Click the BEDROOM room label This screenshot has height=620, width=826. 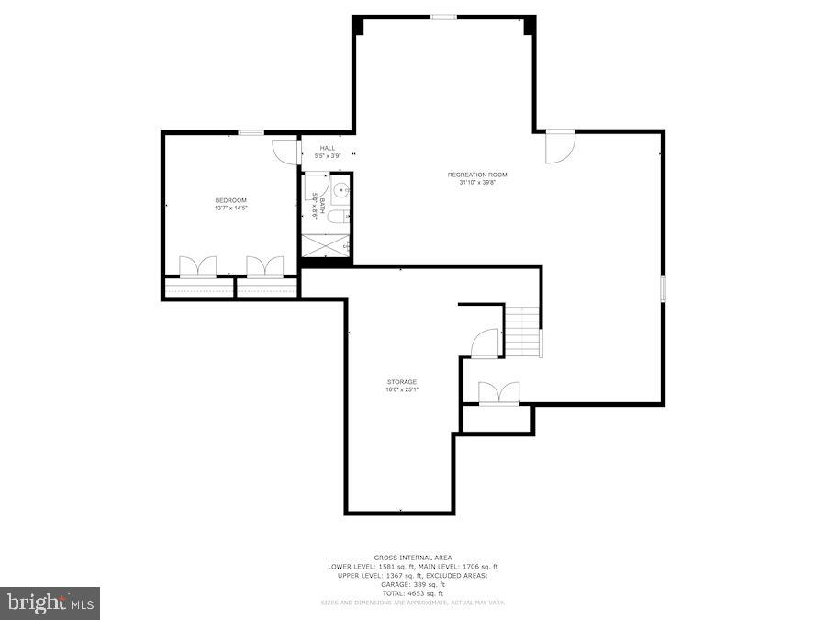pyautogui.click(x=231, y=200)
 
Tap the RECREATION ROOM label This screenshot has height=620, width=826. pyautogui.click(x=477, y=175)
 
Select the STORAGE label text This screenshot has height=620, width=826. pyautogui.click(x=401, y=382)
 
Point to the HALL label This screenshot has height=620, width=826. pyautogui.click(x=328, y=148)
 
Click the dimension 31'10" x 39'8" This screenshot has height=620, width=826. pyautogui.click(x=477, y=183)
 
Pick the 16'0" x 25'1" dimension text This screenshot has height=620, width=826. pyautogui.click(x=401, y=390)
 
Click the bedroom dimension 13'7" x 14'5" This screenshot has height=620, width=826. pyautogui.click(x=231, y=209)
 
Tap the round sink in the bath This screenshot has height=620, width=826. pyautogui.click(x=341, y=190)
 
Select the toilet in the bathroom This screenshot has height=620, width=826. pyautogui.click(x=338, y=217)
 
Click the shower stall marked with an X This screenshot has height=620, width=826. pyautogui.click(x=326, y=245)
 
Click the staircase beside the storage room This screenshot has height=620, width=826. pyautogui.click(x=523, y=332)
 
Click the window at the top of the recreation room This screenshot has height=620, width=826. pyautogui.click(x=444, y=16)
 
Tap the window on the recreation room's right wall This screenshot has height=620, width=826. pyautogui.click(x=663, y=287)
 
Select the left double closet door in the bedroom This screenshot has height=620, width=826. pyautogui.click(x=197, y=266)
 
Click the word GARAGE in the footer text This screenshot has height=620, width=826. pyautogui.click(x=401, y=584)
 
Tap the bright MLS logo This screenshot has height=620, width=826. pyautogui.click(x=50, y=603)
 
